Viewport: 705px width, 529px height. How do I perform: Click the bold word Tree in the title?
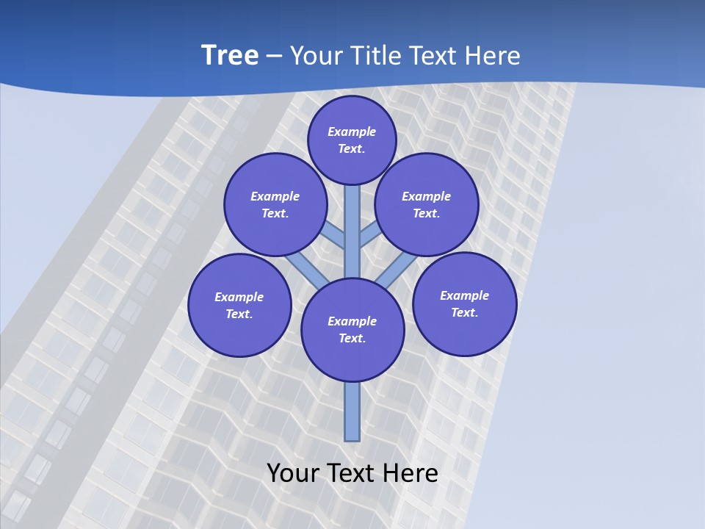pyautogui.click(x=230, y=55)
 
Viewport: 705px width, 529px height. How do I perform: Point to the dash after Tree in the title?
pyautogui.click(x=273, y=56)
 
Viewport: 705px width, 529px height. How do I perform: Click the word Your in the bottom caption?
pyautogui.click(x=294, y=472)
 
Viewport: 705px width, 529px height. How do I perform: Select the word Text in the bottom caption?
pyautogui.click(x=352, y=472)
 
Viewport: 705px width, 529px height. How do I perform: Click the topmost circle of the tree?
pyautogui.click(x=352, y=140)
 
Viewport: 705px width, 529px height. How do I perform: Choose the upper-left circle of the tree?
pyautogui.click(x=275, y=204)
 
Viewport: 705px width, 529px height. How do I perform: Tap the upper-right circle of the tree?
pyautogui.click(x=427, y=204)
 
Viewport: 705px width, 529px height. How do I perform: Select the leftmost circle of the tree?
pyautogui.click(x=239, y=305)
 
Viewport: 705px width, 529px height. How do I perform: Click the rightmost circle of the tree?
pyautogui.click(x=465, y=303)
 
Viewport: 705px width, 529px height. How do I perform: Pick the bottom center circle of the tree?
pyautogui.click(x=352, y=330)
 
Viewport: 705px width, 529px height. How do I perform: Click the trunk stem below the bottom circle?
pyautogui.click(x=352, y=411)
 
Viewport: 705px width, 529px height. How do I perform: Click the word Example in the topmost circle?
pyautogui.click(x=352, y=132)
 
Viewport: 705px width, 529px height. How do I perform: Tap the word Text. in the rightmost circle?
pyautogui.click(x=465, y=312)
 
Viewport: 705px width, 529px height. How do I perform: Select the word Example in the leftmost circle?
pyautogui.click(x=239, y=297)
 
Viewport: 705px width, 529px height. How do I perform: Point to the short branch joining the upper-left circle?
pyautogui.click(x=335, y=235)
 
